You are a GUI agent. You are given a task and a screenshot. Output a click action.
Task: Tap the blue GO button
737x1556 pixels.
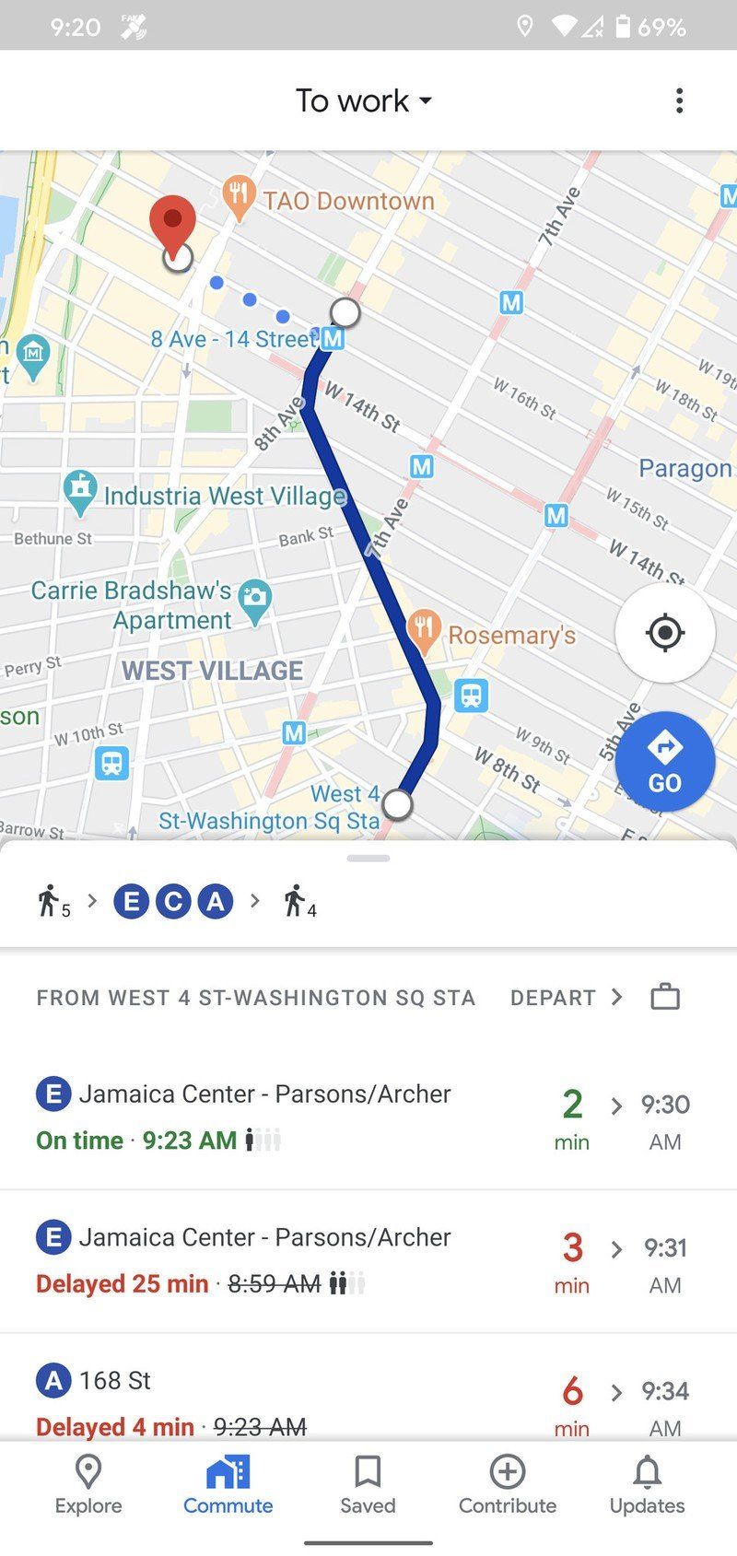click(664, 762)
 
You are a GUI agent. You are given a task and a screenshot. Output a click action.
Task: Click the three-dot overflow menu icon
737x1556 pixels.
click(679, 100)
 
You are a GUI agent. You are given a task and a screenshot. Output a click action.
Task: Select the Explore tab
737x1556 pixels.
click(88, 1485)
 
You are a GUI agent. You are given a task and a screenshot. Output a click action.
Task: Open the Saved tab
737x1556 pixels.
click(368, 1485)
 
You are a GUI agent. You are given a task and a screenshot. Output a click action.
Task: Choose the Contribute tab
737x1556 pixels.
click(508, 1485)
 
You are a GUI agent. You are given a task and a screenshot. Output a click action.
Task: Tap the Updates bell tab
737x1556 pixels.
click(647, 1485)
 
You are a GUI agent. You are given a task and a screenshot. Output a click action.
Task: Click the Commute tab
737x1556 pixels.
click(228, 1485)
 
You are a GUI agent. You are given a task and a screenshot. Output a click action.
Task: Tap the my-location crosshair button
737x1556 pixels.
click(664, 633)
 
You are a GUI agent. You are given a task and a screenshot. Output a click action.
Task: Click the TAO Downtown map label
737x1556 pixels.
click(347, 201)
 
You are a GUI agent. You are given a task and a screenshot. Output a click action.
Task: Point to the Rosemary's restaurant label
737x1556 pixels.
click(511, 635)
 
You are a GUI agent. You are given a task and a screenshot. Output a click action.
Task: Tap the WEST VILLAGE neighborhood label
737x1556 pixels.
click(212, 671)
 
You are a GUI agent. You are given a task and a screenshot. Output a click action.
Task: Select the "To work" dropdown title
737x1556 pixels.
click(363, 100)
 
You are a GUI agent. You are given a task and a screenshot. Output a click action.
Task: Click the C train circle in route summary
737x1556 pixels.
click(173, 901)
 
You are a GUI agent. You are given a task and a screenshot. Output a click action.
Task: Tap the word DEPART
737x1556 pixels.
click(553, 998)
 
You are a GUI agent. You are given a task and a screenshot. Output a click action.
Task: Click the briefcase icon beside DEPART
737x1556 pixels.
click(664, 997)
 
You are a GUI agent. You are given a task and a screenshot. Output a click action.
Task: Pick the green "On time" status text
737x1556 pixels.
click(79, 1141)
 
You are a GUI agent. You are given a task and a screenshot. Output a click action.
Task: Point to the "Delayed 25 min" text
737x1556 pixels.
click(122, 1283)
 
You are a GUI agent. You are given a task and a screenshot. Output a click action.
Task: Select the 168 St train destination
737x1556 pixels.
click(114, 1380)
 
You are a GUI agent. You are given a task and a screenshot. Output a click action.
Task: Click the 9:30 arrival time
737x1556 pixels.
click(665, 1104)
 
